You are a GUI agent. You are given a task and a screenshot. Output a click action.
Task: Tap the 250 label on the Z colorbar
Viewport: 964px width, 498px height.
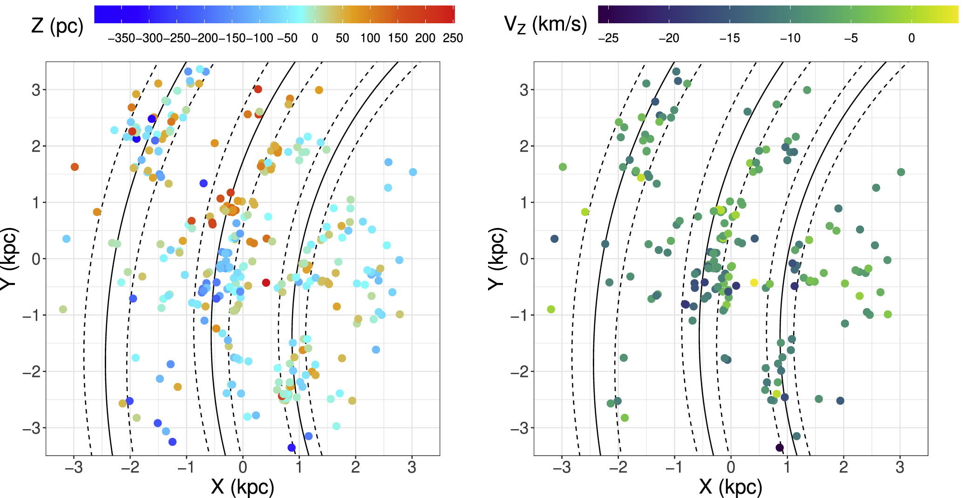(453, 38)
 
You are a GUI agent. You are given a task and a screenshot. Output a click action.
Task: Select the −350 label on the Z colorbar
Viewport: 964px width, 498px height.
(122, 38)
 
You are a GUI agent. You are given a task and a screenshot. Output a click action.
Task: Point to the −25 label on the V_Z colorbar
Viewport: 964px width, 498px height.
(608, 38)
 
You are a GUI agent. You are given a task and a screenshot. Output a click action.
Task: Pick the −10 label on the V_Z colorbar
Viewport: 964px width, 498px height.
(790, 38)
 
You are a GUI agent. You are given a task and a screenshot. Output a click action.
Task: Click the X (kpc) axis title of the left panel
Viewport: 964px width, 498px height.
(242, 487)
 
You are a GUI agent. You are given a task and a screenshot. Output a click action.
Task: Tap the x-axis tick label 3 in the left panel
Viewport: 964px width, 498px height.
(412, 467)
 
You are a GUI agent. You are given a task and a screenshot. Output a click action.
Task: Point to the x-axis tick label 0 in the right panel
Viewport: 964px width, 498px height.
(731, 467)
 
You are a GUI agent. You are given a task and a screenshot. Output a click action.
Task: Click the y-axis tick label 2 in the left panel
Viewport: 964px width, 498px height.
(36, 146)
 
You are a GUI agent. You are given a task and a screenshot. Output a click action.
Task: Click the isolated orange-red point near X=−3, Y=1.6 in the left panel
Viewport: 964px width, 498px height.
(75, 167)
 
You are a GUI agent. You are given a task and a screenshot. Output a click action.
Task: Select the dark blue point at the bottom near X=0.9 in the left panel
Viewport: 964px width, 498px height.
(292, 447)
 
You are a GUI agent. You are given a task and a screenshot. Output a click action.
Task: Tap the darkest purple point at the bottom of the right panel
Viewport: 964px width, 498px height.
(780, 447)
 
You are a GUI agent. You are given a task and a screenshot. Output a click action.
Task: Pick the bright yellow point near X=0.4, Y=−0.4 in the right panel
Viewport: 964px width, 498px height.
(754, 283)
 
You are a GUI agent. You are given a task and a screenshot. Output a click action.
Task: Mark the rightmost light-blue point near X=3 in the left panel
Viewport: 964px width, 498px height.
(413, 172)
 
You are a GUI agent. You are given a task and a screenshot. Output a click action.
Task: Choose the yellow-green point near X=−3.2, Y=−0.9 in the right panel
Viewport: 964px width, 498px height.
(551, 310)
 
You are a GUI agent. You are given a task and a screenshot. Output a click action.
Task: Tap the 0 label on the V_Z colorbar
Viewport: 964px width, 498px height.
(911, 38)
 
